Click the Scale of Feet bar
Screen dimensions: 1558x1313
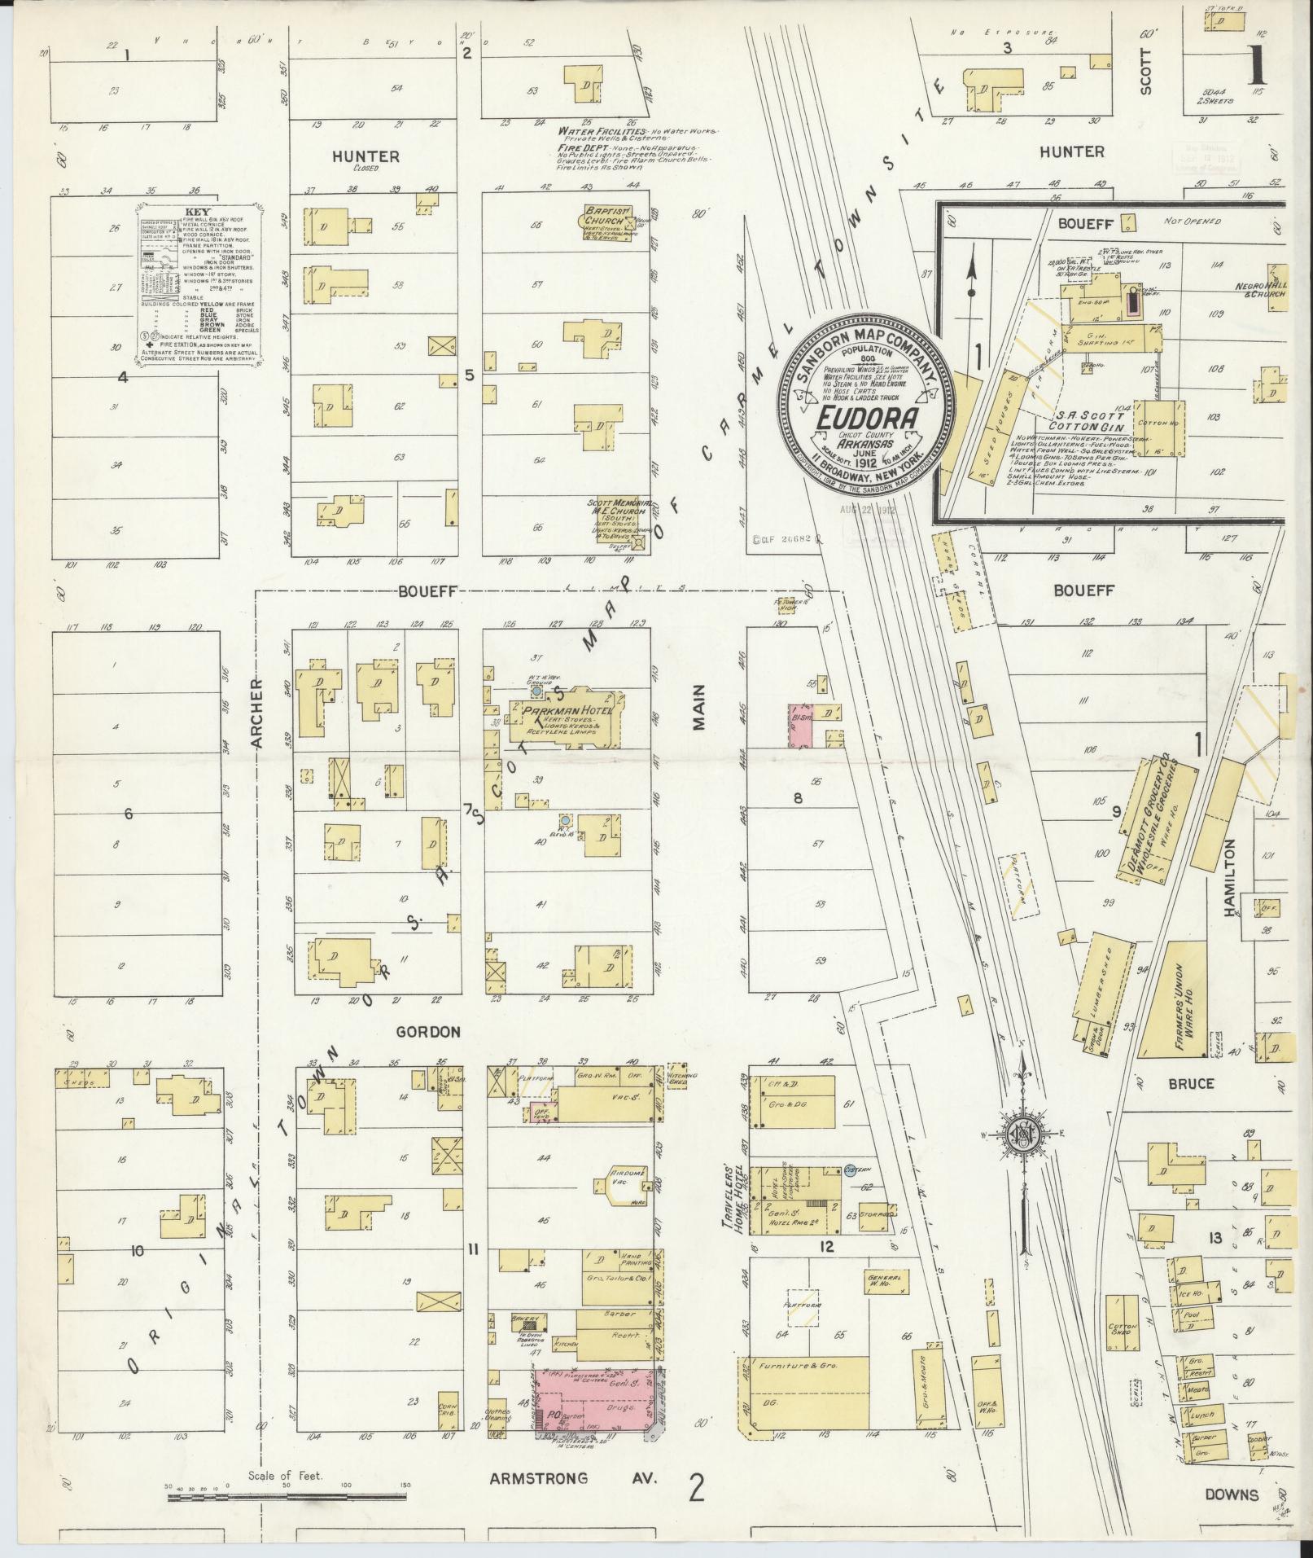pyautogui.click(x=285, y=1497)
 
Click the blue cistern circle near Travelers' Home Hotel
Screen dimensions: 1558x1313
pyautogui.click(x=851, y=1170)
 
